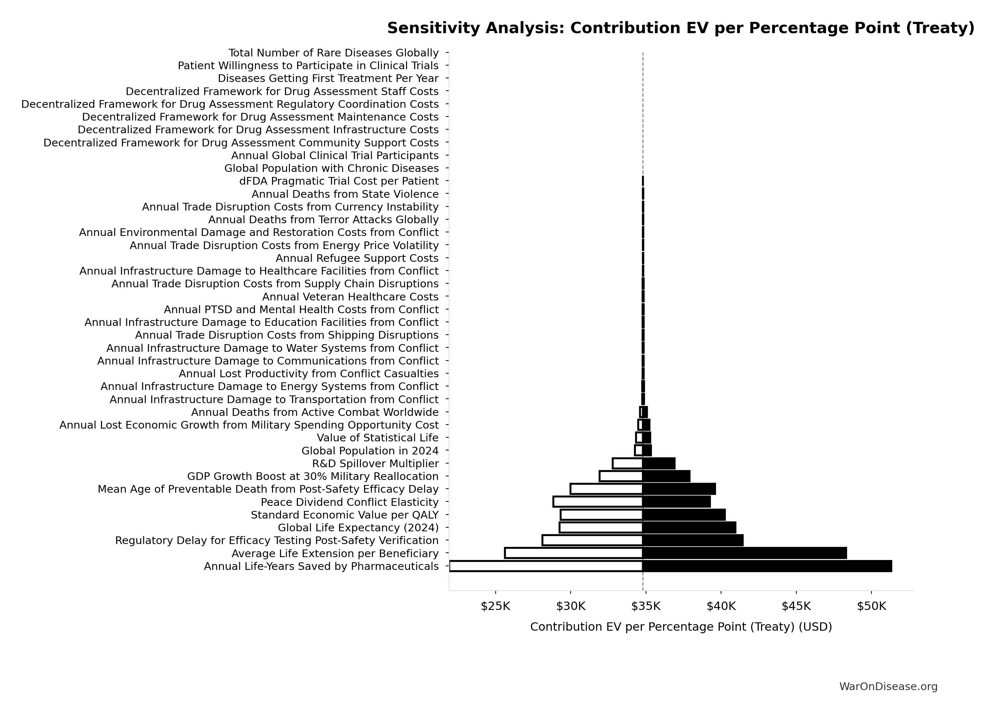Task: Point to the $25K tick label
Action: pyautogui.click(x=495, y=606)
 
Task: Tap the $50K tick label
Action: pyautogui.click(x=871, y=606)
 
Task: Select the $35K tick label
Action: pyautogui.click(x=646, y=606)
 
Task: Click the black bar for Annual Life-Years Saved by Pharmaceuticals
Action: pyautogui.click(x=767, y=566)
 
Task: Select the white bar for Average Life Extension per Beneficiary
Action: pyautogui.click(x=574, y=553)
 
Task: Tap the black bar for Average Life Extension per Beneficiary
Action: pyautogui.click(x=744, y=553)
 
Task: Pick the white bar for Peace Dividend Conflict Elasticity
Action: pyautogui.click(x=598, y=502)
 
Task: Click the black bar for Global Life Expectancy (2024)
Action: pyautogui.click(x=689, y=527)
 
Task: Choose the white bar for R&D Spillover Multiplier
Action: pyautogui.click(x=627, y=463)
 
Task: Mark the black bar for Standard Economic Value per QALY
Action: pyautogui.click(x=684, y=515)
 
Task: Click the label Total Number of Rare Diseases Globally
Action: pyautogui.click(x=334, y=53)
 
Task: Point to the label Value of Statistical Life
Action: pyautogui.click(x=378, y=438)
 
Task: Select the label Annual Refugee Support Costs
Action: pyautogui.click(x=357, y=258)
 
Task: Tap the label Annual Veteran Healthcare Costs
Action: pyautogui.click(x=350, y=297)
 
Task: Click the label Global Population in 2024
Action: pyautogui.click(x=370, y=451)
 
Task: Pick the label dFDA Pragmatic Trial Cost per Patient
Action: pyautogui.click(x=339, y=181)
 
